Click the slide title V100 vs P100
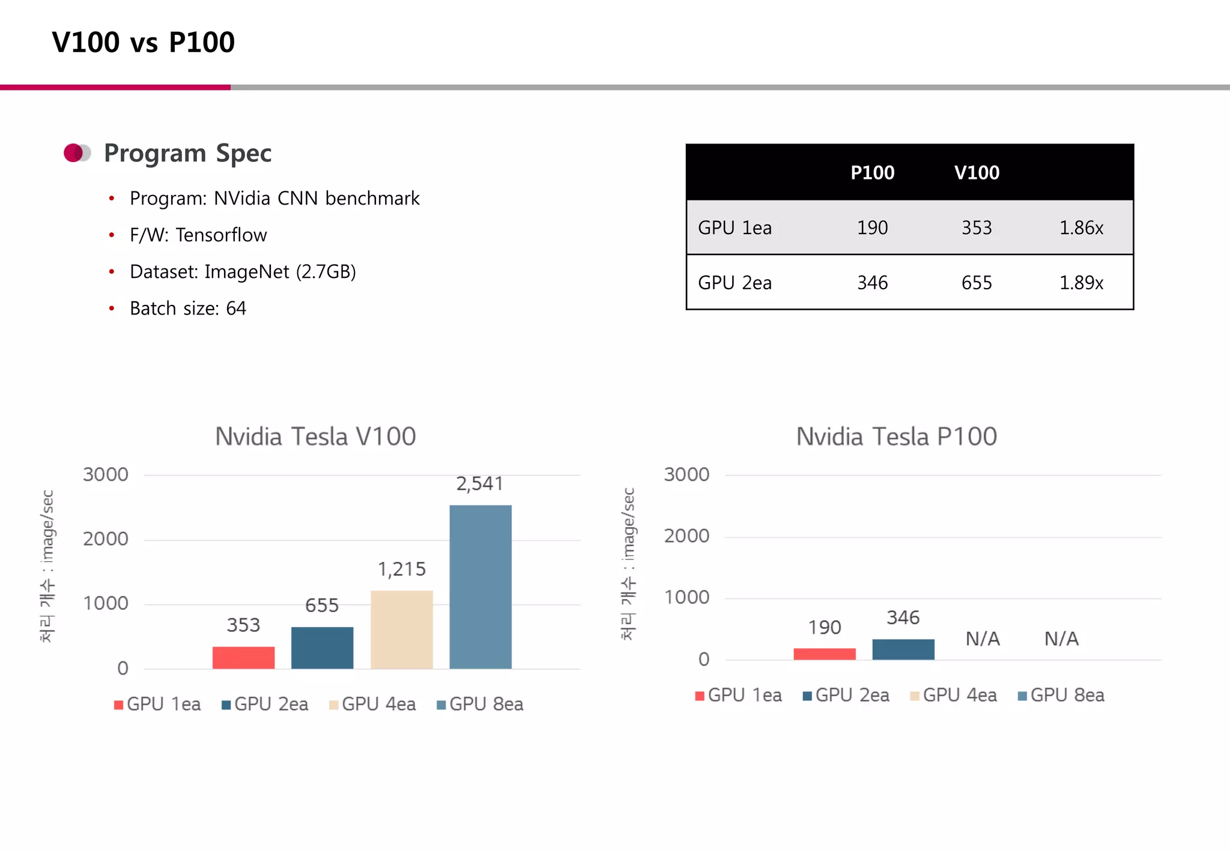(x=143, y=43)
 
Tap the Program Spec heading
(x=187, y=154)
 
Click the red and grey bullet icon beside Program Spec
(x=77, y=153)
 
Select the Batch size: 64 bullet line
(x=187, y=308)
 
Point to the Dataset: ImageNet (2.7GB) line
(x=243, y=272)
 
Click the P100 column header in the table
(x=872, y=173)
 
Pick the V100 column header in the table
(x=977, y=173)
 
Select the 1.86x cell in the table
(x=1081, y=228)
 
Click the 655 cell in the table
(x=977, y=283)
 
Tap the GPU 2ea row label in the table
(x=735, y=283)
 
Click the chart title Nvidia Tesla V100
(x=315, y=437)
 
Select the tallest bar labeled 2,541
(x=480, y=586)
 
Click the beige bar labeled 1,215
(x=402, y=629)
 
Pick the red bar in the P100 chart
(x=825, y=654)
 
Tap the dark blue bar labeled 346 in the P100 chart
(x=903, y=649)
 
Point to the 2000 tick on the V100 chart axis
(x=106, y=539)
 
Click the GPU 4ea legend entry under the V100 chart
(x=372, y=704)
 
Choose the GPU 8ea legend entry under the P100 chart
(x=1061, y=696)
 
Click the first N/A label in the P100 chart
(x=983, y=639)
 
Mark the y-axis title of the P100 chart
(x=628, y=564)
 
